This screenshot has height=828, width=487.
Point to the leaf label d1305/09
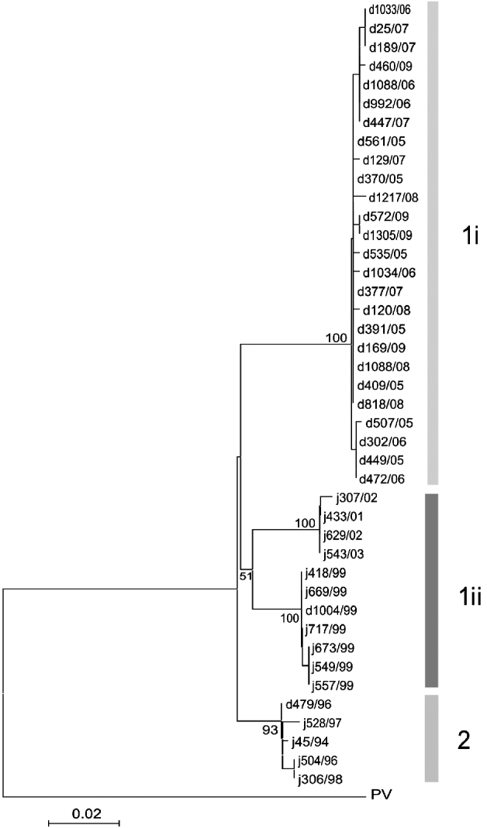[386, 235]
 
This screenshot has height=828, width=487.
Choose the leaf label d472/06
[380, 479]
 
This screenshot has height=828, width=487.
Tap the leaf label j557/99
[334, 685]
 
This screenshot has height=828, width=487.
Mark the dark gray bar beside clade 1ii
[432, 589]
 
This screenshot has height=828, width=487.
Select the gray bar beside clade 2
[431, 737]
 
